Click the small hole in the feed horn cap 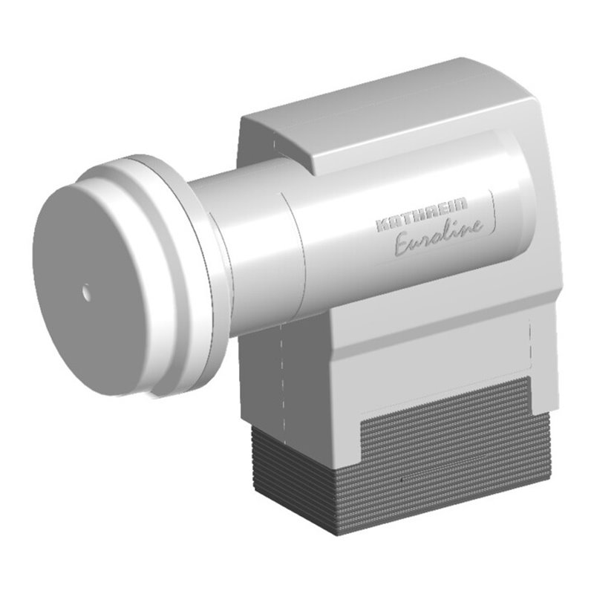click(88, 293)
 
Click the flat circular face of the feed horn click(97, 282)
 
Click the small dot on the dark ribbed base click(402, 483)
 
